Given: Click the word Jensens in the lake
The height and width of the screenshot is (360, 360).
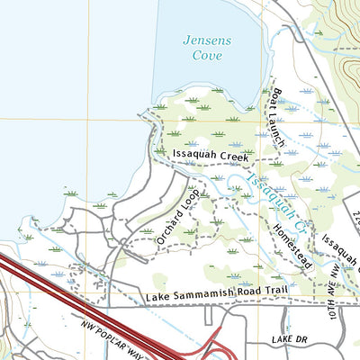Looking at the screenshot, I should (x=206, y=40).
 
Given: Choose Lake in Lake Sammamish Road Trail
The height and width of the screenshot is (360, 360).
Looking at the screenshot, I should (x=156, y=296).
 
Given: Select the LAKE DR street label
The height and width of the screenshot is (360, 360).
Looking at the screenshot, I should (x=289, y=340).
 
